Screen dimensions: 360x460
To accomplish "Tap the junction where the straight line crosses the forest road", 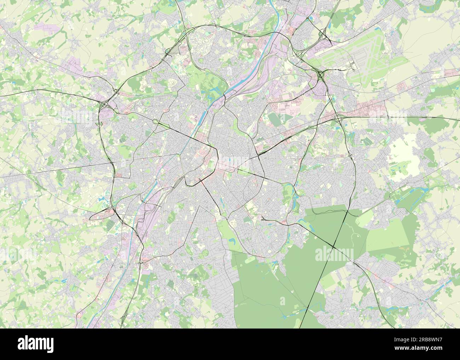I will point(334,245).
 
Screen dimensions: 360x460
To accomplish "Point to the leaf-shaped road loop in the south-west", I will point(103,214).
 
